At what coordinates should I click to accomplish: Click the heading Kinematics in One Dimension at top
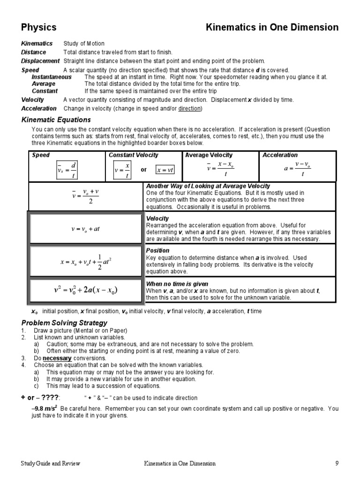[x=272, y=28]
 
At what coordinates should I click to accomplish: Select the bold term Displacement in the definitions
[x=40, y=61]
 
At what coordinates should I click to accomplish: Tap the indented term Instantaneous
[x=52, y=77]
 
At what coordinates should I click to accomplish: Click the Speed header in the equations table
[x=41, y=155]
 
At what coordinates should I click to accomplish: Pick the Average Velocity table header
[x=209, y=155]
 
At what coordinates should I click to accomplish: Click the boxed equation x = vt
[x=165, y=170]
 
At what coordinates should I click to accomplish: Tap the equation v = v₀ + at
[x=85, y=229]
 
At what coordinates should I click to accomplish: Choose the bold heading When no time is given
[x=177, y=284]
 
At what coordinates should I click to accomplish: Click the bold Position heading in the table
[x=157, y=251]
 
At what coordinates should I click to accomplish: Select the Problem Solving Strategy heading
[x=65, y=323]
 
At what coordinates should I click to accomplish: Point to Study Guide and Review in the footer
[x=50, y=464]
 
